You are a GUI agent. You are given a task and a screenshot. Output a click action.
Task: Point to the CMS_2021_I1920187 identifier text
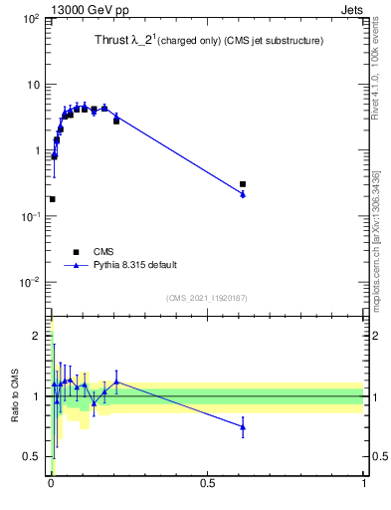[x=207, y=298]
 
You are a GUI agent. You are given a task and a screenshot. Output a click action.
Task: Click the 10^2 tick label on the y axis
[x=30, y=19]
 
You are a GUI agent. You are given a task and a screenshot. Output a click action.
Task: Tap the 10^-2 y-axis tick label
[x=30, y=282]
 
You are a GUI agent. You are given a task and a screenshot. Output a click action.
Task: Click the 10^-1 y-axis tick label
[x=30, y=216]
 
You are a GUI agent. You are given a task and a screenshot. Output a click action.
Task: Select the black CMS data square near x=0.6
[x=243, y=184]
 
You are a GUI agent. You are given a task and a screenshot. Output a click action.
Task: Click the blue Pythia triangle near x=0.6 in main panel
[x=243, y=194]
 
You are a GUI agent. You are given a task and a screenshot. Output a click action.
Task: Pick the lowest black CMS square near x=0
[x=52, y=199]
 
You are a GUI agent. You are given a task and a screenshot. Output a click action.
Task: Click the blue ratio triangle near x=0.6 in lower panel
[x=243, y=427]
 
